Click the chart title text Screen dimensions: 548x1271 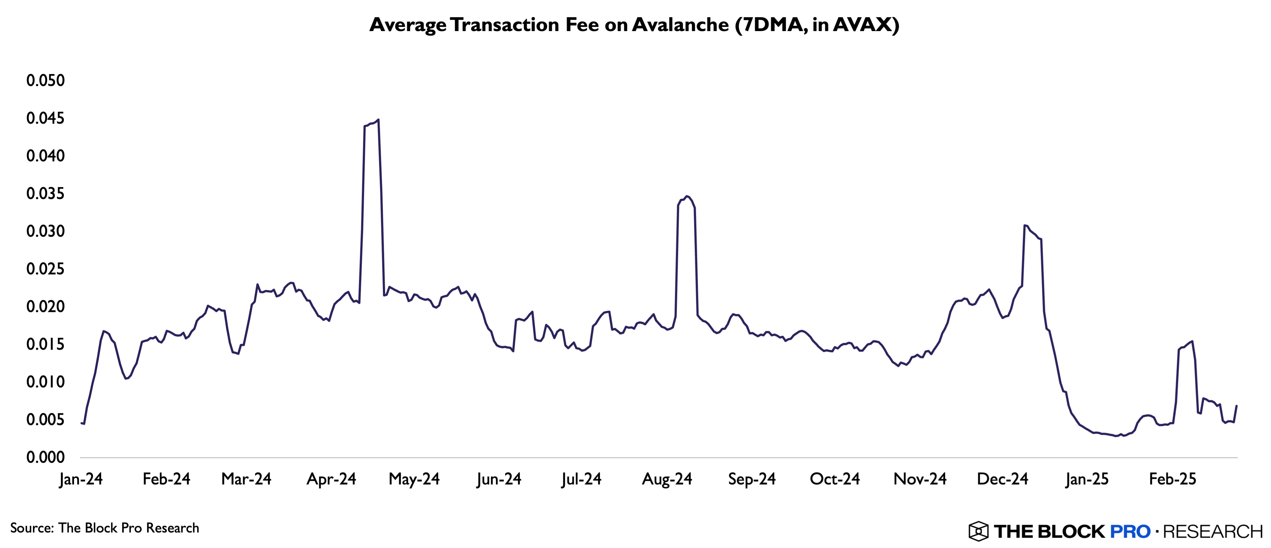click(634, 25)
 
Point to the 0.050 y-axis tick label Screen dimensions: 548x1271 click(46, 80)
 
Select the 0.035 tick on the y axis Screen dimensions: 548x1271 click(46, 193)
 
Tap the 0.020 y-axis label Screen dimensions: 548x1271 click(46, 307)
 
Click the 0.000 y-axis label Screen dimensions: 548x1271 click(46, 457)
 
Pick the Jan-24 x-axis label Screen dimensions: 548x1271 click(81, 479)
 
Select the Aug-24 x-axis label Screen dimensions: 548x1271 click(667, 479)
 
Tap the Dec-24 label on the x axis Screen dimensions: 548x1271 click(1002, 479)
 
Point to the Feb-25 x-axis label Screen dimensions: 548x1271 click(1173, 479)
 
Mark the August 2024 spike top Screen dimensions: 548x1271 click(687, 196)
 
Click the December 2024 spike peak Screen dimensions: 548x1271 click(1025, 225)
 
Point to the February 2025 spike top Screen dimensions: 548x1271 click(1192, 341)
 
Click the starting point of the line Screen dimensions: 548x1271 click(81, 423)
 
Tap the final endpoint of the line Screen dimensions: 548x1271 click(1236, 406)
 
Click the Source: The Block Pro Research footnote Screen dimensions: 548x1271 click(105, 528)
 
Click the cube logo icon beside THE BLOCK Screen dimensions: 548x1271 click(978, 531)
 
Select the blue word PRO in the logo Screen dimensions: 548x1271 click(1130, 531)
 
